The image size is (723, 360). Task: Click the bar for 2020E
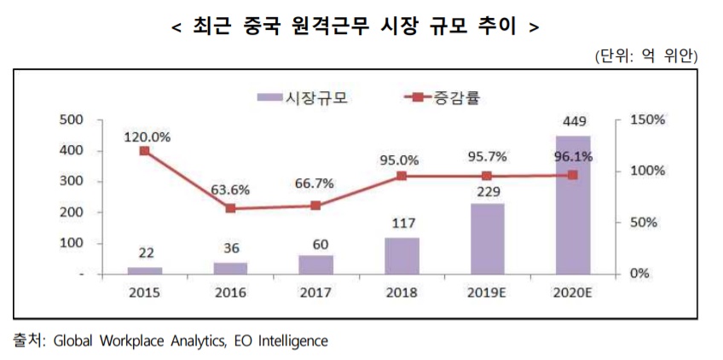[x=572, y=205]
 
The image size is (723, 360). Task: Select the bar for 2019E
[x=486, y=239]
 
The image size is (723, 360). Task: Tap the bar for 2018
[x=401, y=256]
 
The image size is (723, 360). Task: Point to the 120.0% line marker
[x=144, y=151]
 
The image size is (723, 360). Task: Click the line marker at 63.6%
[x=229, y=208]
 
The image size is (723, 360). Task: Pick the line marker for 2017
[x=315, y=206]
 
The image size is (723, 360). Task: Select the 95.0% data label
[x=401, y=160]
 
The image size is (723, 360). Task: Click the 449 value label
[x=572, y=120]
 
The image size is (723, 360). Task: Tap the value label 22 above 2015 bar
[x=144, y=253]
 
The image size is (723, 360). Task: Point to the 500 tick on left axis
[x=72, y=120]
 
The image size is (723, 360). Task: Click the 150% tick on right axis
[x=645, y=120]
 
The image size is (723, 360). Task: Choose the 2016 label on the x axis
[x=229, y=292]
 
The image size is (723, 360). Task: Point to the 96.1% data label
[x=572, y=157]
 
